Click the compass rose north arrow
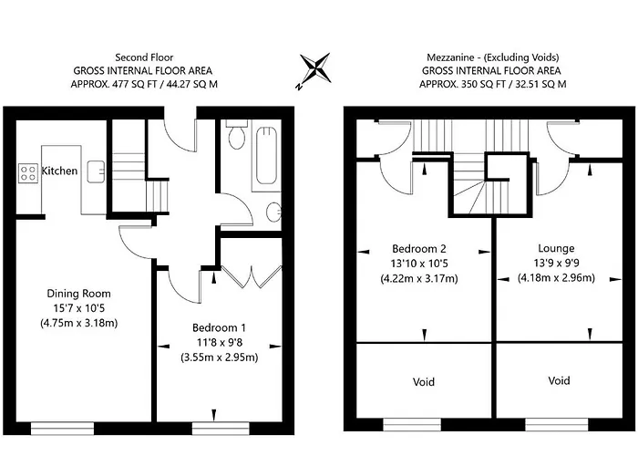point(317,70)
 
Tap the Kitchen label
point(60,171)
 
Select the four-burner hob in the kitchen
point(27,171)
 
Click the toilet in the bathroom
point(237,137)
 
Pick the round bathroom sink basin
point(274,212)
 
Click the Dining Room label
point(78,294)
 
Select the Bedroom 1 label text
point(219,326)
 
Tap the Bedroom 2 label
point(421,248)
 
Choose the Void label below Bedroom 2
point(423,381)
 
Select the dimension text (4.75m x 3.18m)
point(78,323)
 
